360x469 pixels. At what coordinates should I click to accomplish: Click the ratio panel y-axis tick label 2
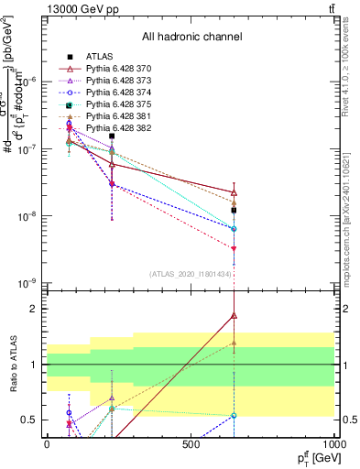pos(34,310)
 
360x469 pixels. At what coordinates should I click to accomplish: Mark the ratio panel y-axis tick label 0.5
pos(29,420)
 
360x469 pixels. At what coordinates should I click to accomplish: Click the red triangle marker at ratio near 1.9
pos(235,315)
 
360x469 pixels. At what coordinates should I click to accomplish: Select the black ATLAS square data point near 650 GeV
pos(235,210)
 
